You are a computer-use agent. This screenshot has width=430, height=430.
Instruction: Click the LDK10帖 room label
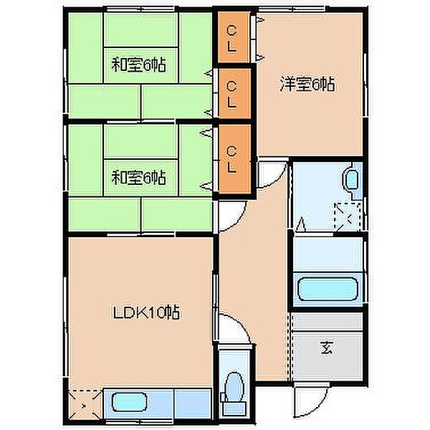pyautogui.click(x=146, y=312)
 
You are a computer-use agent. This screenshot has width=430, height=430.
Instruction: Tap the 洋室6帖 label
pyautogui.click(x=307, y=84)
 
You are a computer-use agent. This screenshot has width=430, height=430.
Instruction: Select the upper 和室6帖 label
pyautogui.click(x=138, y=64)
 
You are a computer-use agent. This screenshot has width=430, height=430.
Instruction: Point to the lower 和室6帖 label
pyautogui.click(x=138, y=177)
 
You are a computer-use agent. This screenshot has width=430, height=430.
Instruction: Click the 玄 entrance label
pyautogui.click(x=327, y=348)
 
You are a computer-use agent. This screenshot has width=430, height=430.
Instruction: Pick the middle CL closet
pyautogui.click(x=234, y=94)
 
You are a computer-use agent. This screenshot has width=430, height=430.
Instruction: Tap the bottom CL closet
pyautogui.click(x=234, y=159)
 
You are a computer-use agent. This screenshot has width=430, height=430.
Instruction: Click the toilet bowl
pyautogui.click(x=234, y=386)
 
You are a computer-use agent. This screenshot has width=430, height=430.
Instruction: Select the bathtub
pyautogui.click(x=328, y=290)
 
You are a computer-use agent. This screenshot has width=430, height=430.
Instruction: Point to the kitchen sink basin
pyautogui.click(x=129, y=402)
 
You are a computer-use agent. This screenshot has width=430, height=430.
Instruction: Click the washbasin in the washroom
pyautogui.click(x=352, y=180)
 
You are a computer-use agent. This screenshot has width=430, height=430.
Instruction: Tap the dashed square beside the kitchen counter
pyautogui.click(x=85, y=405)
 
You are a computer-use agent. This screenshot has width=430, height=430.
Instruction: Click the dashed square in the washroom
pyautogui.click(x=348, y=216)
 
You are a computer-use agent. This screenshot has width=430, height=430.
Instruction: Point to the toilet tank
pyautogui.click(x=234, y=407)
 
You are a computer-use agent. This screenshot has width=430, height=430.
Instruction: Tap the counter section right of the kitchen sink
pyautogui.click(x=193, y=403)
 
